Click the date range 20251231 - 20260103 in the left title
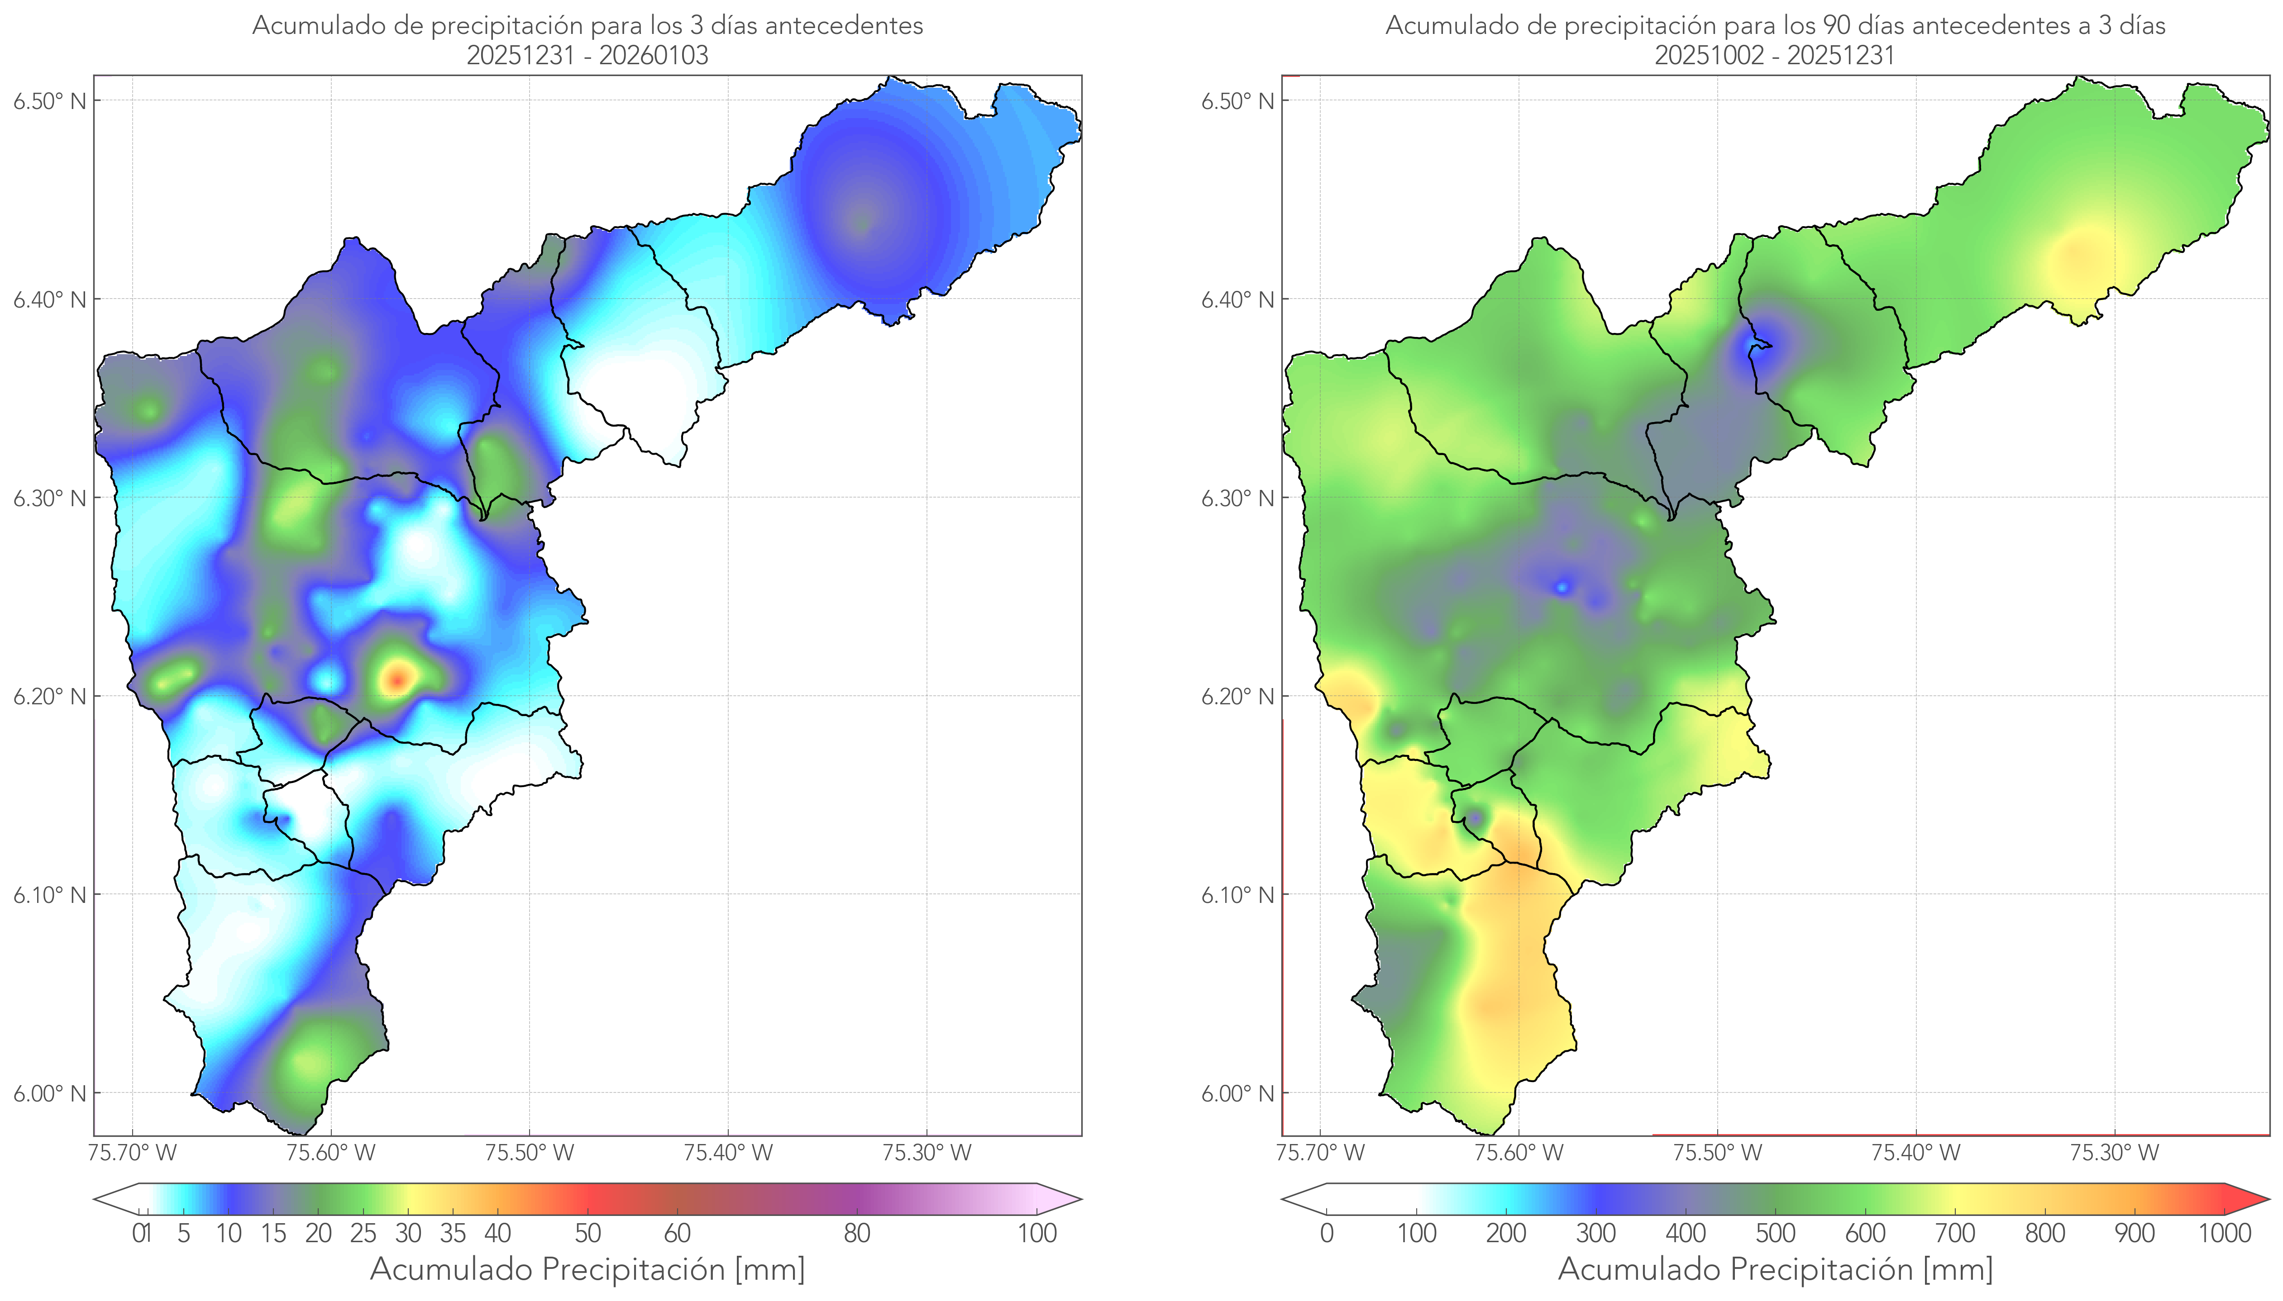click(x=587, y=55)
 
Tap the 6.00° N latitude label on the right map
click(x=1237, y=1094)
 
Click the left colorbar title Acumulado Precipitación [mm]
click(x=587, y=1269)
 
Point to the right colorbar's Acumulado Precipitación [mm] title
click(x=1775, y=1269)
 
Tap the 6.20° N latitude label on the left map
click(x=50, y=696)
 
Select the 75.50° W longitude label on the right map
click(x=1717, y=1153)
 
